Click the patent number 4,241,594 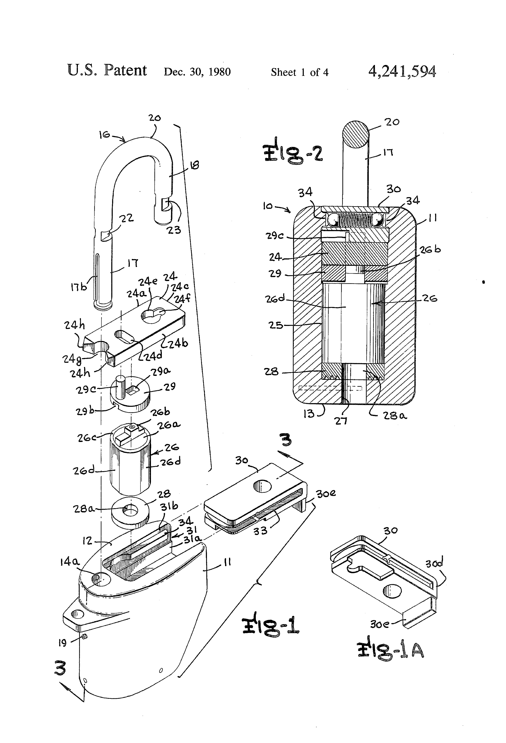(402, 71)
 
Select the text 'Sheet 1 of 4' (300, 72)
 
